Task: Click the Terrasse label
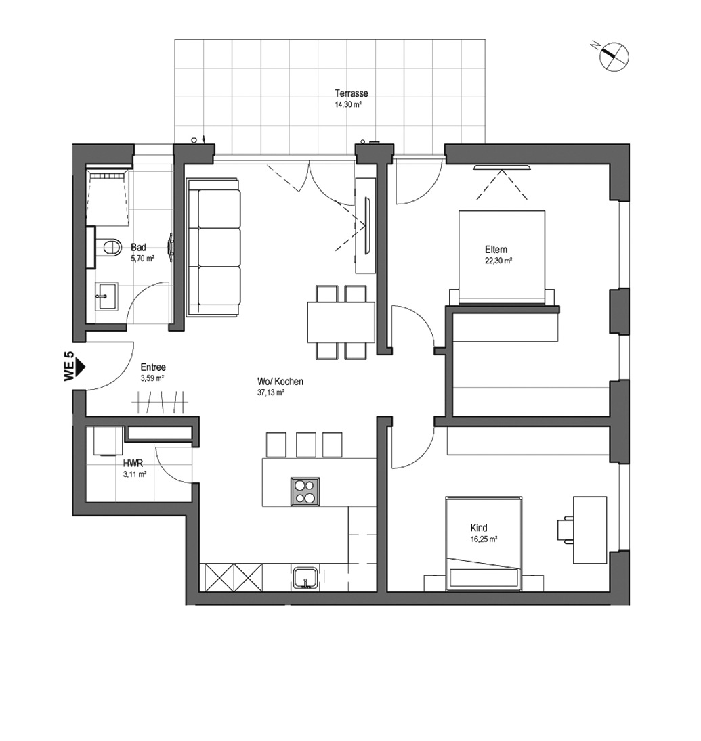click(x=352, y=93)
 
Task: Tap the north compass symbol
click(x=614, y=56)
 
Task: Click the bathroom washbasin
click(x=106, y=296)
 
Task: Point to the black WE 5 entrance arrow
click(x=79, y=365)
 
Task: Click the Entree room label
click(x=153, y=367)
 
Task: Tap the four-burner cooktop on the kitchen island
click(x=305, y=491)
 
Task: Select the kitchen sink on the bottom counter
click(x=307, y=578)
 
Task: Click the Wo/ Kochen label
click(x=280, y=382)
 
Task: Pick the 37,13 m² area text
click(x=270, y=392)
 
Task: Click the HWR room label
click(x=133, y=464)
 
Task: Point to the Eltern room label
click(x=496, y=250)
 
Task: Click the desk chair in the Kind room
click(x=565, y=529)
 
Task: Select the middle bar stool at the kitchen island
click(x=306, y=444)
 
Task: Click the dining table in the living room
click(x=341, y=322)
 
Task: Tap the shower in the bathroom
click(x=108, y=197)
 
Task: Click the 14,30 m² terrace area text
click(x=348, y=105)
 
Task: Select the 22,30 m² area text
click(x=498, y=261)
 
